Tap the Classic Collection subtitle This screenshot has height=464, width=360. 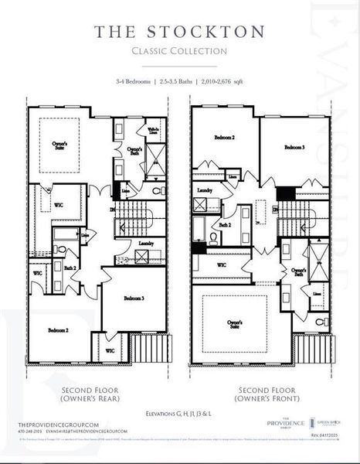click(179, 52)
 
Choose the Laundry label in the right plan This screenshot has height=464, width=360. click(205, 189)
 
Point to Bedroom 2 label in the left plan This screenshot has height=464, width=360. click(59, 330)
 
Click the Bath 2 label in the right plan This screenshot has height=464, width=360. click(225, 225)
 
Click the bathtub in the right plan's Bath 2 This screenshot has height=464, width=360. click(200, 230)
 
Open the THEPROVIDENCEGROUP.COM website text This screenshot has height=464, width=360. click(59, 425)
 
